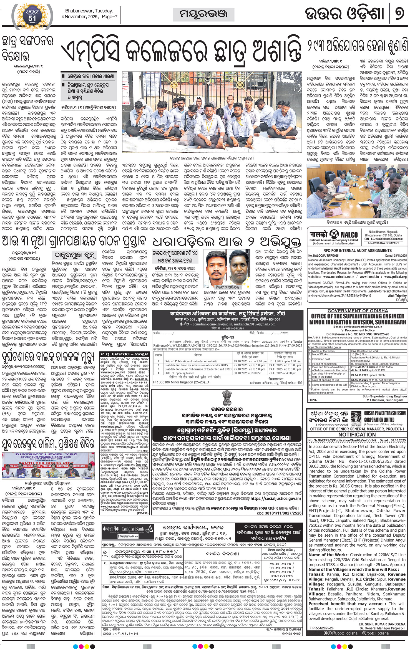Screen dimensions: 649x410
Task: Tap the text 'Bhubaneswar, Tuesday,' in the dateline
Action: click(89, 11)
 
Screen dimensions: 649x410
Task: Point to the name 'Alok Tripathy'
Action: click(397, 296)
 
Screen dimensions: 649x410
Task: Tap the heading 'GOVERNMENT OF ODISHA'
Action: click(358, 311)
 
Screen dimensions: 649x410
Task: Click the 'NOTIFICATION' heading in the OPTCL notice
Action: click(357, 435)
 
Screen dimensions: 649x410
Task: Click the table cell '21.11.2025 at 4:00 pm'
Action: click(283, 373)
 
